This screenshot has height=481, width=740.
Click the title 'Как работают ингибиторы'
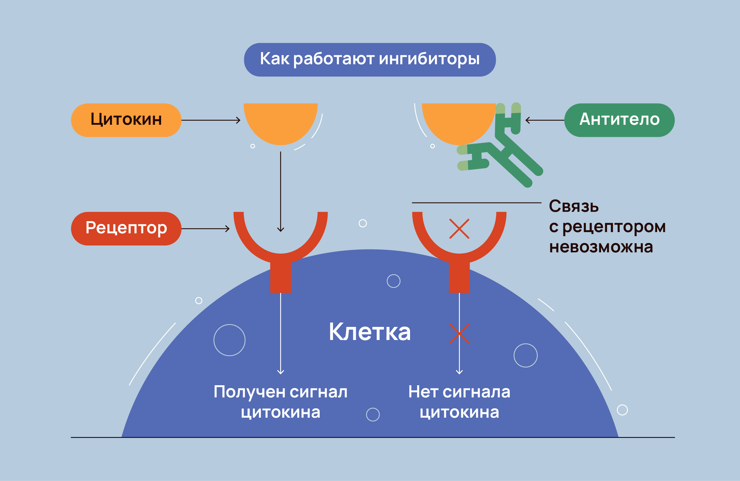(370, 60)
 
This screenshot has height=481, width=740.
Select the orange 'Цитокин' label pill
(126, 120)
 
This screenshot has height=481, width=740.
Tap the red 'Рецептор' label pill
(126, 228)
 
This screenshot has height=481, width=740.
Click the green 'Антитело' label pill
(619, 120)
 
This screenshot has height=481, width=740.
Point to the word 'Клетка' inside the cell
(370, 332)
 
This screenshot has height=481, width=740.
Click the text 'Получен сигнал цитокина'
(280, 402)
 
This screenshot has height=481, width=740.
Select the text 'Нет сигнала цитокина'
(459, 402)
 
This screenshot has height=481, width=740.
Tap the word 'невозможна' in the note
(601, 247)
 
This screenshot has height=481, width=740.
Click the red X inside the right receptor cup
(459, 229)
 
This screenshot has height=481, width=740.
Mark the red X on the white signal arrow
(459, 333)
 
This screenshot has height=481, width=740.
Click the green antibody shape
(511, 150)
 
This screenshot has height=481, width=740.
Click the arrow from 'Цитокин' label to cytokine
(211, 120)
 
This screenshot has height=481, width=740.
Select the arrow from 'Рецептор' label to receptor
(206, 229)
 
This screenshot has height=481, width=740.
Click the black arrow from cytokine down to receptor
(280, 190)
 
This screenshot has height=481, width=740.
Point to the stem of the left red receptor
(280, 278)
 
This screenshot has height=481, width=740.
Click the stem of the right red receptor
(459, 278)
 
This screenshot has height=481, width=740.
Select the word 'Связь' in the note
(574, 206)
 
